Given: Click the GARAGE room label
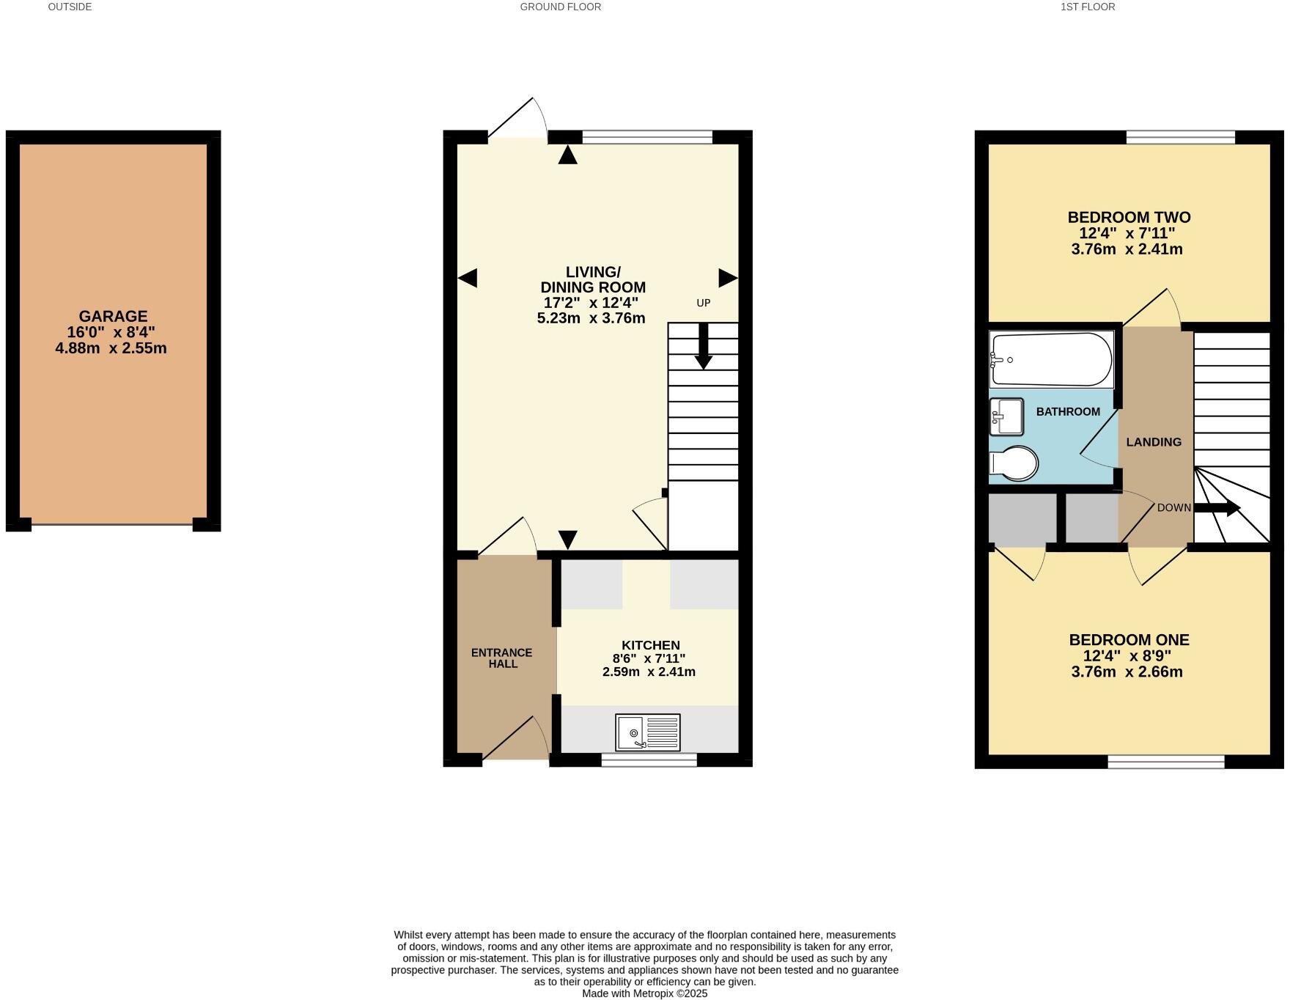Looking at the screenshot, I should [113, 317].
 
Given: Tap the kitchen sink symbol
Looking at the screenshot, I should [648, 732].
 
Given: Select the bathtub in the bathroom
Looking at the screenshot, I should [1050, 360].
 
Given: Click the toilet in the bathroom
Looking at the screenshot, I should [1014, 464].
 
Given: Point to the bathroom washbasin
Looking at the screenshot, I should [1006, 417].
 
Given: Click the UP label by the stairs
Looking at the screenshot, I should [703, 303].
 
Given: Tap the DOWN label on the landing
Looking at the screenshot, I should [1173, 507].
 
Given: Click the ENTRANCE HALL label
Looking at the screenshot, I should [501, 658].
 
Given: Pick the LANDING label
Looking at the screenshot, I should [1154, 442].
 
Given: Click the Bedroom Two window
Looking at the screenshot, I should [1180, 137].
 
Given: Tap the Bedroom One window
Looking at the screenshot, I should [1165, 762].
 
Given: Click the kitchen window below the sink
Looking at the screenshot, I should [649, 761].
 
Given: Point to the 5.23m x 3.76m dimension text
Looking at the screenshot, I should [591, 318].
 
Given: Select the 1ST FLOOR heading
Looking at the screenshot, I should [1088, 7].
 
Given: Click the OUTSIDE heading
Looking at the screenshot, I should [70, 7].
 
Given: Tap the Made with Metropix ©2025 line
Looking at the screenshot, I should [644, 993].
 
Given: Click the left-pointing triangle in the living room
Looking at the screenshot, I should [468, 278].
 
